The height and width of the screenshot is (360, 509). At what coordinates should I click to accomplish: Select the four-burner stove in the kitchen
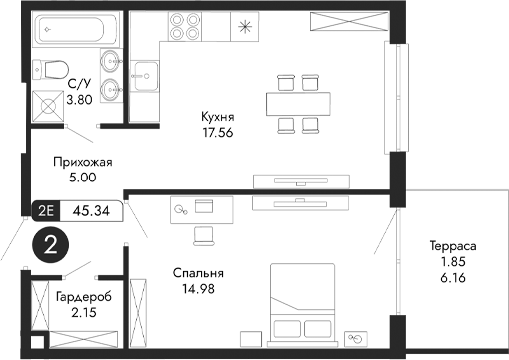tap(186, 26)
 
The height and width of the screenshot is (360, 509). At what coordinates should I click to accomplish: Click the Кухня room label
tap(217, 115)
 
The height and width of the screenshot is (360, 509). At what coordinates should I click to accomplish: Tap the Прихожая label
tap(82, 162)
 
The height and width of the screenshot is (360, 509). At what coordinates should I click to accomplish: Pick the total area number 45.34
tap(101, 210)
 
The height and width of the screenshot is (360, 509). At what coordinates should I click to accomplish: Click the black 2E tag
tap(45, 210)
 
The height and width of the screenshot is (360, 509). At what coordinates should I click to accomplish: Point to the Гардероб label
tap(84, 297)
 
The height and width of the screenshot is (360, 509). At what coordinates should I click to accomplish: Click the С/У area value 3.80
tap(79, 100)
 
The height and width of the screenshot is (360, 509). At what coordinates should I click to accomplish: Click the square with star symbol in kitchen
tap(245, 26)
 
